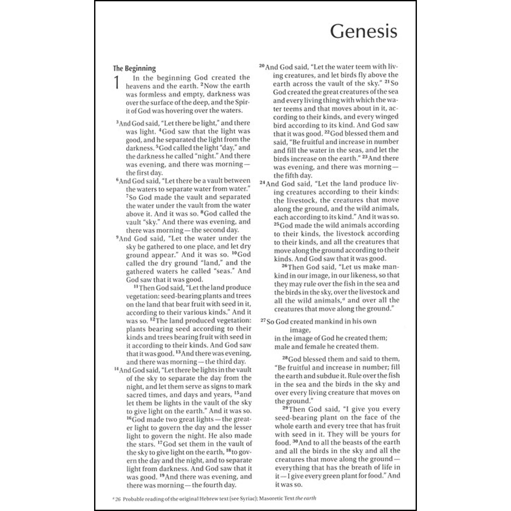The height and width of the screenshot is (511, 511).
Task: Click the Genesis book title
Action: (363, 31)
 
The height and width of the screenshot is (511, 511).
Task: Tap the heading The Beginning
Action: (134, 68)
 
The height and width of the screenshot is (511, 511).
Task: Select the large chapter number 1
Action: (116, 83)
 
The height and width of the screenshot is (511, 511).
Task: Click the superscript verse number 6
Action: (117, 180)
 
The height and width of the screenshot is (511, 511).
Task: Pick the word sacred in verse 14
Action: (136, 395)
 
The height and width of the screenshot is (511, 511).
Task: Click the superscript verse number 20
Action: (262, 66)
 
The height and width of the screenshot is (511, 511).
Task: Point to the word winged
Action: (385, 117)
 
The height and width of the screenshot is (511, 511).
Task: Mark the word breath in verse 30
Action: (360, 467)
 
